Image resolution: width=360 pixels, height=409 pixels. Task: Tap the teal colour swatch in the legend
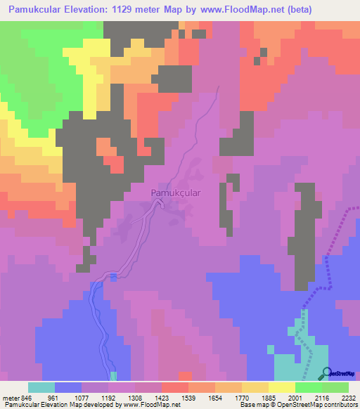[41, 387]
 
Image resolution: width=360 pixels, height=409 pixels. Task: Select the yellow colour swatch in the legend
[282, 387]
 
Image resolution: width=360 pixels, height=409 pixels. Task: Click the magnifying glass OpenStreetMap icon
[325, 373]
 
